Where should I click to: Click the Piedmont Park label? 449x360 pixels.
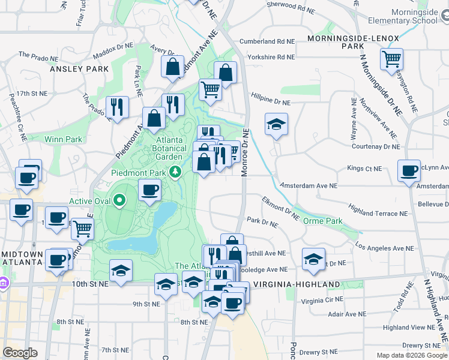click(x=139, y=173)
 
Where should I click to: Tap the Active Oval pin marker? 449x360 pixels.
click(x=119, y=200)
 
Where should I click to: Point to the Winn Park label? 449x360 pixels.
click(x=63, y=139)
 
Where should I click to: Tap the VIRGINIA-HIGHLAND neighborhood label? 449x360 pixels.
click(x=288, y=284)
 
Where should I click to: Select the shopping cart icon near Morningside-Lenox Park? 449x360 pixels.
click(x=391, y=59)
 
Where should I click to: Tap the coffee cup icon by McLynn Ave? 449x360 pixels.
click(x=409, y=170)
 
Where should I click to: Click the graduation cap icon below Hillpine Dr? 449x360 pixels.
click(x=276, y=124)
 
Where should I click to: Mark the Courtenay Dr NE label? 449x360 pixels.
click(x=376, y=146)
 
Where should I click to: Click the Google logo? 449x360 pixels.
click(x=20, y=353)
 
